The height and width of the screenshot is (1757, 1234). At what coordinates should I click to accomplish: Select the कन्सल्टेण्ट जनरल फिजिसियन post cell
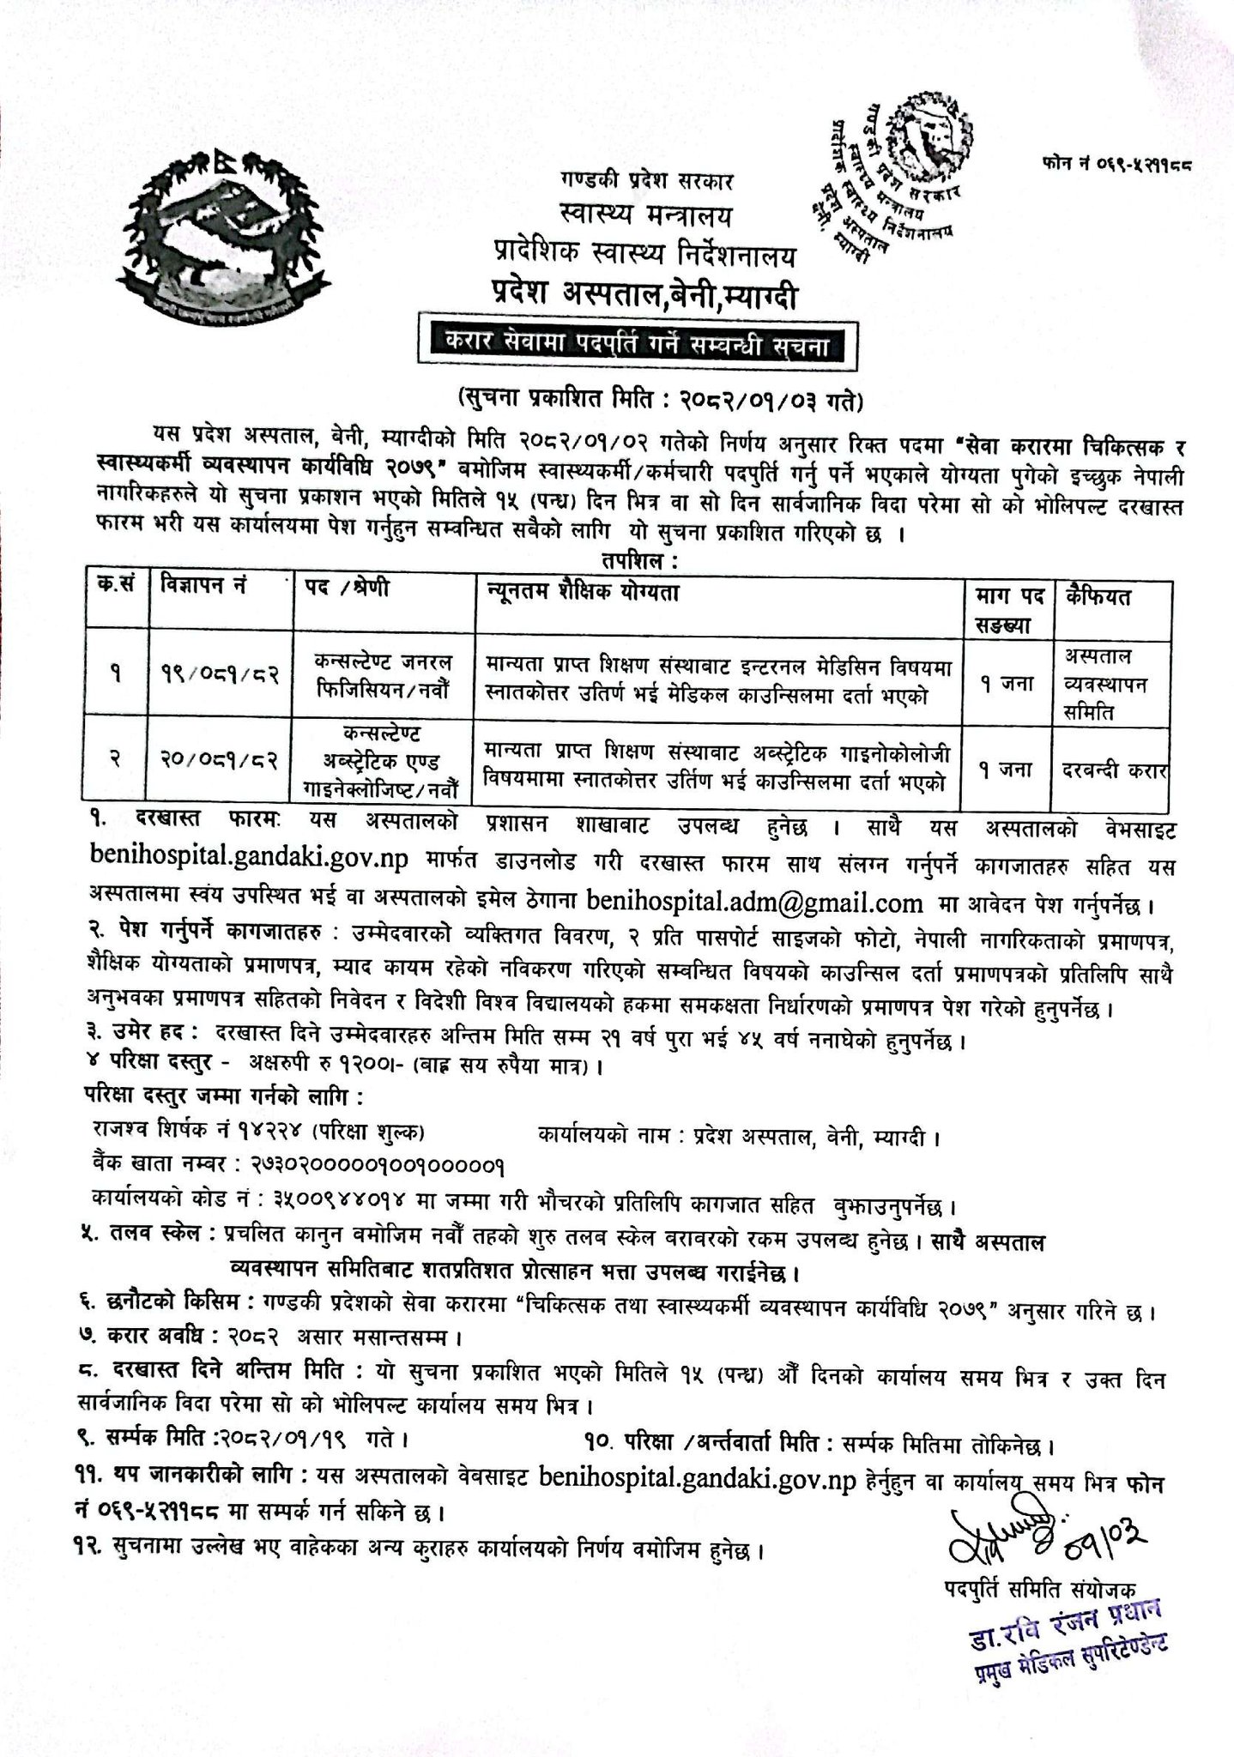(x=384, y=675)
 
